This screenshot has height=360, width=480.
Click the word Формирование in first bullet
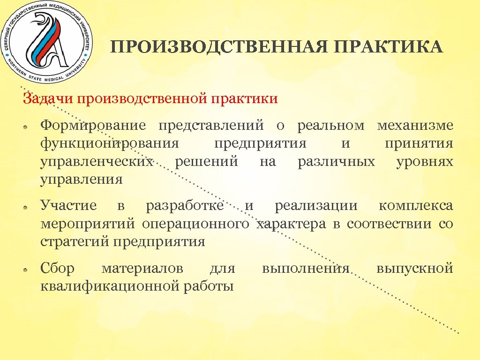(x=93, y=126)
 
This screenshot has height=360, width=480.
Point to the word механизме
(x=415, y=126)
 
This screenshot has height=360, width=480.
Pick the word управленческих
(x=97, y=162)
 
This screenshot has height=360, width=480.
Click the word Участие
(x=68, y=205)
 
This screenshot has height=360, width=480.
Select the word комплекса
(x=416, y=205)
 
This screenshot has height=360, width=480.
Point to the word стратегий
(x=75, y=242)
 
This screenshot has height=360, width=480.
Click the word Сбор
(x=58, y=269)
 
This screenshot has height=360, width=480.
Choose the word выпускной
(x=414, y=269)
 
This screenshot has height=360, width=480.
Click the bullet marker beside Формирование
(x=28, y=127)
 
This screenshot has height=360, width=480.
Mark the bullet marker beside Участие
(x=28, y=207)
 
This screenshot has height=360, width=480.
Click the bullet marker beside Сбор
(x=28, y=270)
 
